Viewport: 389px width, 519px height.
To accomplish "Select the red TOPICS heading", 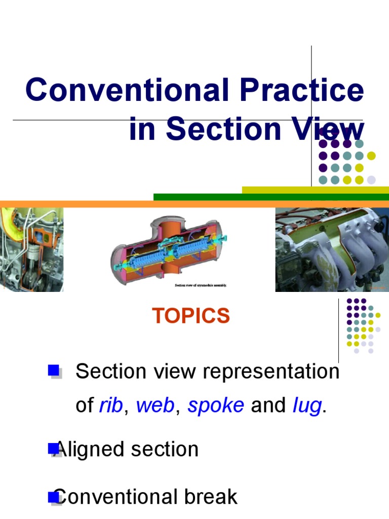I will pyautogui.click(x=191, y=316).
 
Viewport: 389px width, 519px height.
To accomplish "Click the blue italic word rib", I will pyautogui.click(x=110, y=405).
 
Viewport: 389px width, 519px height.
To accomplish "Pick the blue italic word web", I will pyautogui.click(x=155, y=405).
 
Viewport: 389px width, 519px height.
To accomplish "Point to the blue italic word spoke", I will pyautogui.click(x=216, y=405).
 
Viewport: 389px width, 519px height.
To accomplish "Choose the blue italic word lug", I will pyautogui.click(x=307, y=405).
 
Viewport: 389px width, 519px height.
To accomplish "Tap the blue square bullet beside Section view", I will pyautogui.click(x=54, y=371).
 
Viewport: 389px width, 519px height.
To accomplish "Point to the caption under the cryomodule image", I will pyautogui.click(x=201, y=285).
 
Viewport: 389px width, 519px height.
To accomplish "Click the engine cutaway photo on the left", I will pyautogui.click(x=31, y=249).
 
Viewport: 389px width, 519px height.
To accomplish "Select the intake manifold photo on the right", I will pyautogui.click(x=332, y=249).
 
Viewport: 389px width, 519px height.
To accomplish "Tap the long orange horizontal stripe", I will pyautogui.click(x=194, y=204).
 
